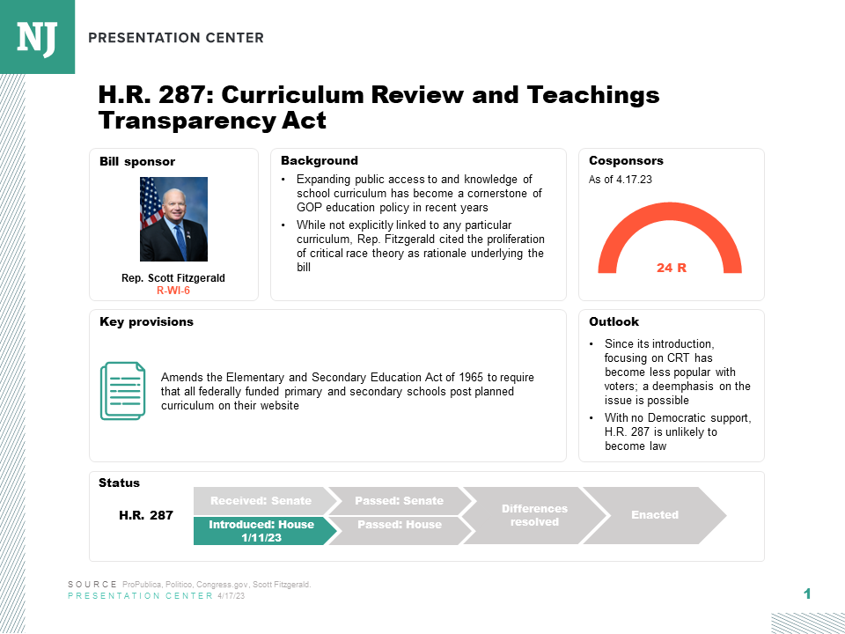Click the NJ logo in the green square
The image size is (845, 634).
point(37,37)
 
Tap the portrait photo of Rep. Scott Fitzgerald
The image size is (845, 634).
point(173,218)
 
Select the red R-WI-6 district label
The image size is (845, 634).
point(173,290)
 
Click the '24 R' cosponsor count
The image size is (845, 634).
point(671,267)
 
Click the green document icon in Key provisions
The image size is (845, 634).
point(121,390)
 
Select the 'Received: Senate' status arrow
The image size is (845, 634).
point(261,501)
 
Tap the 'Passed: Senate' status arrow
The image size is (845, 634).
point(399,501)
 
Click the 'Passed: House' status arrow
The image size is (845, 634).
point(399,525)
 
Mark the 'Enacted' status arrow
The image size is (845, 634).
point(655,514)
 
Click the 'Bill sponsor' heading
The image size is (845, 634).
point(137,162)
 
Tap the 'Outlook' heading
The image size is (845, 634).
point(614,322)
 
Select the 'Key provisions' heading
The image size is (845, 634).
point(146,322)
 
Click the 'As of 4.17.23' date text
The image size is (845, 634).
point(620,180)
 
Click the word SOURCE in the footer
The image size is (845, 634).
point(92,585)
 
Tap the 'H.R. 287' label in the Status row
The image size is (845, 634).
point(146,515)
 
